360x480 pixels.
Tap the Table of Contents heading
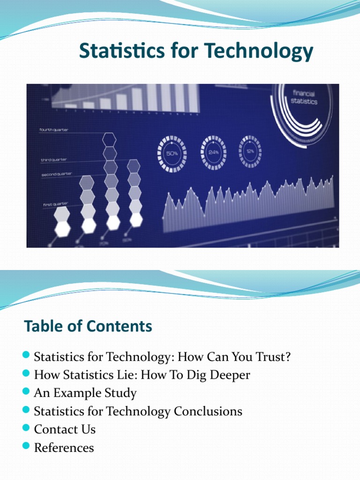point(88,326)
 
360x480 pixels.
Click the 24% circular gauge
point(213,151)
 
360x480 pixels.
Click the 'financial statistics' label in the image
point(304,97)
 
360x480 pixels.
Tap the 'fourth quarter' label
point(54,130)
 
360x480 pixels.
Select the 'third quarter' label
point(54,160)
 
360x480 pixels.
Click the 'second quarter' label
point(56,174)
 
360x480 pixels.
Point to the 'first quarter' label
point(55,204)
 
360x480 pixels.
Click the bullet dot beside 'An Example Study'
point(26,392)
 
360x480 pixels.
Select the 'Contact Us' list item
point(65,429)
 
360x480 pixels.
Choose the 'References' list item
point(64,448)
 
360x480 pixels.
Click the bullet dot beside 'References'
point(26,446)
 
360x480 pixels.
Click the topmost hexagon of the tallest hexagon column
point(110,139)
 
